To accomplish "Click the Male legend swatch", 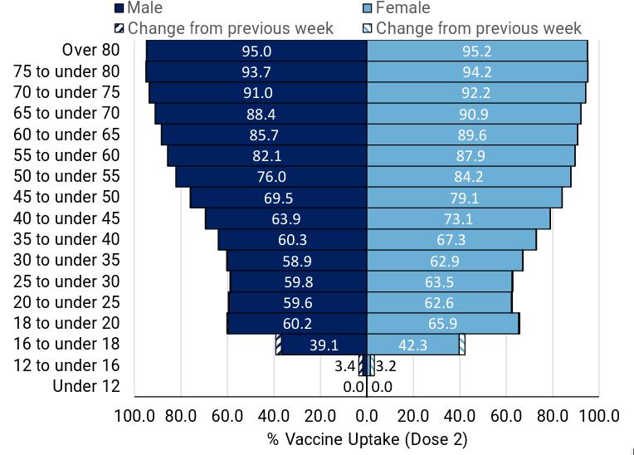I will tap(119, 9).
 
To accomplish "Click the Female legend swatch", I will tap(368, 9).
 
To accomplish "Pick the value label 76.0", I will tap(271, 177).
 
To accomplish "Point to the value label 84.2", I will tap(468, 177).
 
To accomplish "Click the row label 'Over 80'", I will tap(90, 51).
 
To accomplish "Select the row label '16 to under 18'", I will tap(66, 344).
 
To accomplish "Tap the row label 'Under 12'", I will tap(86, 386).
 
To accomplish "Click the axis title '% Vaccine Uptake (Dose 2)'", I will tap(367, 438).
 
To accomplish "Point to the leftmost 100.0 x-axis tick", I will tap(134, 416).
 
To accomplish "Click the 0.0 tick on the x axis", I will tap(367, 416).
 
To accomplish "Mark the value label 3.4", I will tap(344, 366).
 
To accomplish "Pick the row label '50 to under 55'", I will tap(66, 176).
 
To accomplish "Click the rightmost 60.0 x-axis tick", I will tap(506, 416).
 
